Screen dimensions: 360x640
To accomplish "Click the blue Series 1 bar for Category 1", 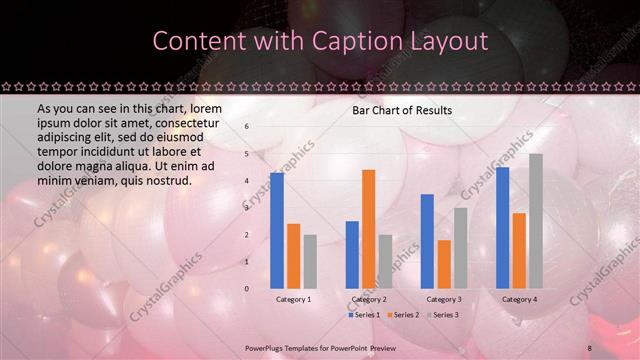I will click(x=277, y=231).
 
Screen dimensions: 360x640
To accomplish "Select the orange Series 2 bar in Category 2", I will click(x=368, y=229).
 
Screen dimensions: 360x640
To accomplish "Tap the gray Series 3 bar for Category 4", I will click(x=536, y=221).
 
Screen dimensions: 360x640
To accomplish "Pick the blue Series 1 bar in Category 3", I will click(x=427, y=241).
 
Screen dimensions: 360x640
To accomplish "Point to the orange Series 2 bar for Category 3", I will click(x=443, y=264).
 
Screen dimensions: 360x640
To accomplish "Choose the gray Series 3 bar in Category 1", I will click(x=310, y=262).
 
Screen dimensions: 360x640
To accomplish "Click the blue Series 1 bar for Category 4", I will click(x=502, y=228).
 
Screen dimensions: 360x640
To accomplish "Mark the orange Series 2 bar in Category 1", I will click(x=293, y=256).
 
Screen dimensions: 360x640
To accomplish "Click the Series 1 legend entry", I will click(x=364, y=315).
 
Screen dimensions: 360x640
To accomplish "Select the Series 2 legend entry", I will click(x=401, y=315).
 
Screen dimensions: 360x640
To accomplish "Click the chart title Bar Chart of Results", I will click(x=402, y=110).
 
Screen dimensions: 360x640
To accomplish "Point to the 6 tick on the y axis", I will click(x=247, y=127).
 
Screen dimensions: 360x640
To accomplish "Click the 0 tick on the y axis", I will click(x=247, y=289).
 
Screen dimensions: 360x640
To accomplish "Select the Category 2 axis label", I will click(x=369, y=299).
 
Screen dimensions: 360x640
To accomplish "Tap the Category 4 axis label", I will click(x=519, y=299).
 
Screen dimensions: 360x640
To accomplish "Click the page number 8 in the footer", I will click(x=591, y=346).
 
